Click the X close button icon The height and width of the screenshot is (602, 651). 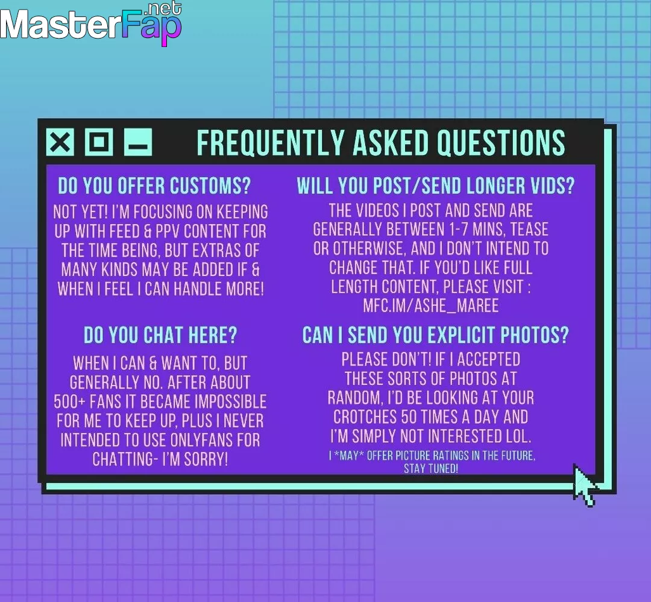click(x=60, y=142)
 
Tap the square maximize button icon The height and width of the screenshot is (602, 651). click(x=99, y=142)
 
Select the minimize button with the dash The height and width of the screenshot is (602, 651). click(x=138, y=142)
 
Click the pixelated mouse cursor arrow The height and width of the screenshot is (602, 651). click(x=584, y=485)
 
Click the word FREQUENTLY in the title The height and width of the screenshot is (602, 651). click(x=271, y=143)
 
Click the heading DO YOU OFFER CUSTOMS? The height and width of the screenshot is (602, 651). click(x=154, y=186)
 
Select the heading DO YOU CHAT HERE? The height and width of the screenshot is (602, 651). click(x=160, y=335)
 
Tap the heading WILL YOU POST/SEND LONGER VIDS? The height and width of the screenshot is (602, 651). click(x=436, y=186)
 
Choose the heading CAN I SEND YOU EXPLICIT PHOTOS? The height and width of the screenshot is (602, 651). click(x=436, y=335)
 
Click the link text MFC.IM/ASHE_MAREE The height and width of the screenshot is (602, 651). click(x=431, y=306)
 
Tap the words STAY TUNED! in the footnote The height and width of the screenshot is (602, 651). click(x=431, y=469)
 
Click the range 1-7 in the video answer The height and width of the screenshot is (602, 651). click(x=456, y=230)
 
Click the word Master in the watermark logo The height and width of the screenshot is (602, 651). click(x=59, y=25)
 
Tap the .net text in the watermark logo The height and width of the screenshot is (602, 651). click(x=165, y=8)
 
